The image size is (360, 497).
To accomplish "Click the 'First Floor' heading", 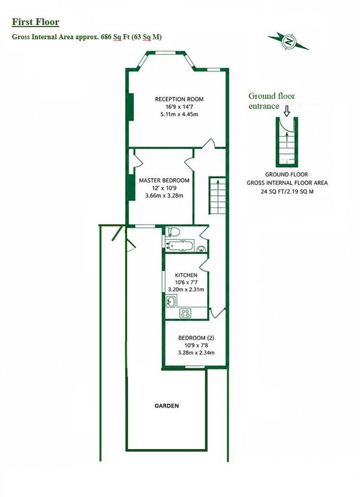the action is [x=35, y=22].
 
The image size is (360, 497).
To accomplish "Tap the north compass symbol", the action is [x=288, y=42].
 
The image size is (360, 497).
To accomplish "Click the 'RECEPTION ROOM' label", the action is [x=179, y=99].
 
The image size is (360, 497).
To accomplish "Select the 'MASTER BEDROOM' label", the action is [x=164, y=180].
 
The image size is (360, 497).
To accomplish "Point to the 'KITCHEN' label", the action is [x=186, y=275].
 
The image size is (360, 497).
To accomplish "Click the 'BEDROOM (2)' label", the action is [x=196, y=338].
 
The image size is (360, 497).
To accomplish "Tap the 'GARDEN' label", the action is [x=167, y=406].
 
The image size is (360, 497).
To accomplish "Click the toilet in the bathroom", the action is [x=172, y=232].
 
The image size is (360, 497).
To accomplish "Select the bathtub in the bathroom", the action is [x=179, y=245].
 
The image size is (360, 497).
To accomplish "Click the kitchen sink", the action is [x=170, y=301].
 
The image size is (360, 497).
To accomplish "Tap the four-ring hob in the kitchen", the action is [x=185, y=313].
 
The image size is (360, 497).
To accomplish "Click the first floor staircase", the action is [x=217, y=195].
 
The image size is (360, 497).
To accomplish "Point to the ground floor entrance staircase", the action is [x=287, y=144].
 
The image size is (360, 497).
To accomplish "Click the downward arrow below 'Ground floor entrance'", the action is [x=287, y=111].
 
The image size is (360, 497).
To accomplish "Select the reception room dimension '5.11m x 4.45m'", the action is [x=179, y=114].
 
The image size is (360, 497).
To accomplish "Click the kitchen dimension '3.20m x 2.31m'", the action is [x=186, y=290].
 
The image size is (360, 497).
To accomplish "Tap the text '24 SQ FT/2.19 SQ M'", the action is [x=287, y=191].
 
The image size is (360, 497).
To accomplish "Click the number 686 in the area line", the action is [x=106, y=37].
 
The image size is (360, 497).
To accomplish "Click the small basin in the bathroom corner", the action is [x=201, y=249].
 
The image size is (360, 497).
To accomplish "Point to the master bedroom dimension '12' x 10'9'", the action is [x=164, y=188].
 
